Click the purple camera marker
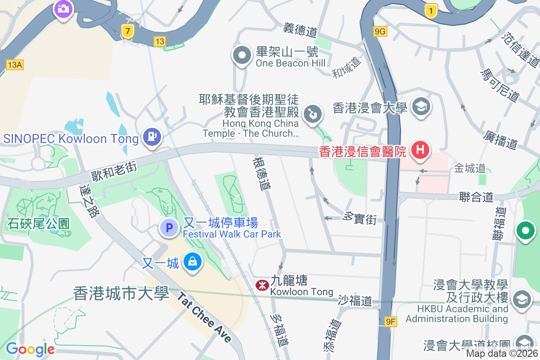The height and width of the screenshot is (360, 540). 63,9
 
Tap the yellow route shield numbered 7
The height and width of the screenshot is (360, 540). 128,31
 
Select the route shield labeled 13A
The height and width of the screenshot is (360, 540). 14,65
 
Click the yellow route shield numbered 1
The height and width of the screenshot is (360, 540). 431,11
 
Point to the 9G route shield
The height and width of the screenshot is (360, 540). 380,31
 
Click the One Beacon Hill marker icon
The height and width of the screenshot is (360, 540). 242,56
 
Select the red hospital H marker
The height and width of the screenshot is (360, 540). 420,149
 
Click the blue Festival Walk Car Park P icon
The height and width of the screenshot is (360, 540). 170,229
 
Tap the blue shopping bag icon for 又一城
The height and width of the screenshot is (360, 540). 193,262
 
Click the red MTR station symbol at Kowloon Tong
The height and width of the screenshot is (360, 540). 261,285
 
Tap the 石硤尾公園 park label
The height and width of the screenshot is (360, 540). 38,224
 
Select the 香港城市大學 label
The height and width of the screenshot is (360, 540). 121,293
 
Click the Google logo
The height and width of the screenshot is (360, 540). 30,349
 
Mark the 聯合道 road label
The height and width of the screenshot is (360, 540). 476,197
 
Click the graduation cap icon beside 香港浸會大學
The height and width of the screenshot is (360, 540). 421,107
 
